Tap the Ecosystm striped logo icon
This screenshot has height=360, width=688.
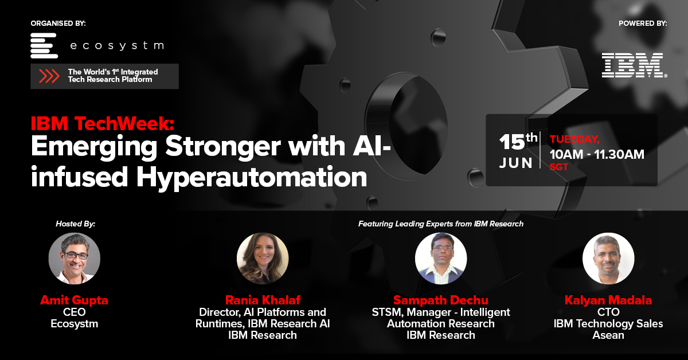[44, 45]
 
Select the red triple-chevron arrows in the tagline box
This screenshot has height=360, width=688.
[49, 76]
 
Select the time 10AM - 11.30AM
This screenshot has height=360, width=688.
[597, 154]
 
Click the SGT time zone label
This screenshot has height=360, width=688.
[559, 168]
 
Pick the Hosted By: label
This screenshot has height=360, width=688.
[75, 224]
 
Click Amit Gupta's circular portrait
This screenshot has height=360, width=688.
[75, 259]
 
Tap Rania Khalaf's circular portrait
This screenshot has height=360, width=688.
[263, 259]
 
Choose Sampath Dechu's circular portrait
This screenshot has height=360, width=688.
[440, 259]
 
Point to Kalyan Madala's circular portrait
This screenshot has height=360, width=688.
[608, 259]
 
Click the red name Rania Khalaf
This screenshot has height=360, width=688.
[264, 300]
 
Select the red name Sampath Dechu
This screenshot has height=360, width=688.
[440, 300]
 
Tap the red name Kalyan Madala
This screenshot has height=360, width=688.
[608, 300]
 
